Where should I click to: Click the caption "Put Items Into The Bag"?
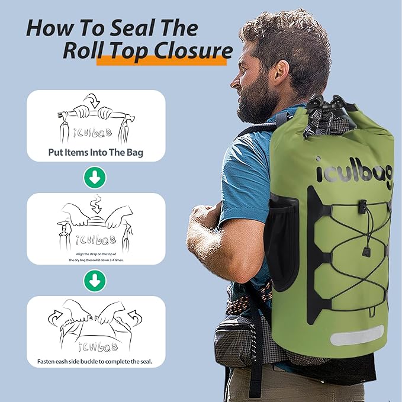coord(95,152)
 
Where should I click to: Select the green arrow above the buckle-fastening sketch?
coord(95,281)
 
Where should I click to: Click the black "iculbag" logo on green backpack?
coord(354,171)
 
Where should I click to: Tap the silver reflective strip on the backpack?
coord(356,336)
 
